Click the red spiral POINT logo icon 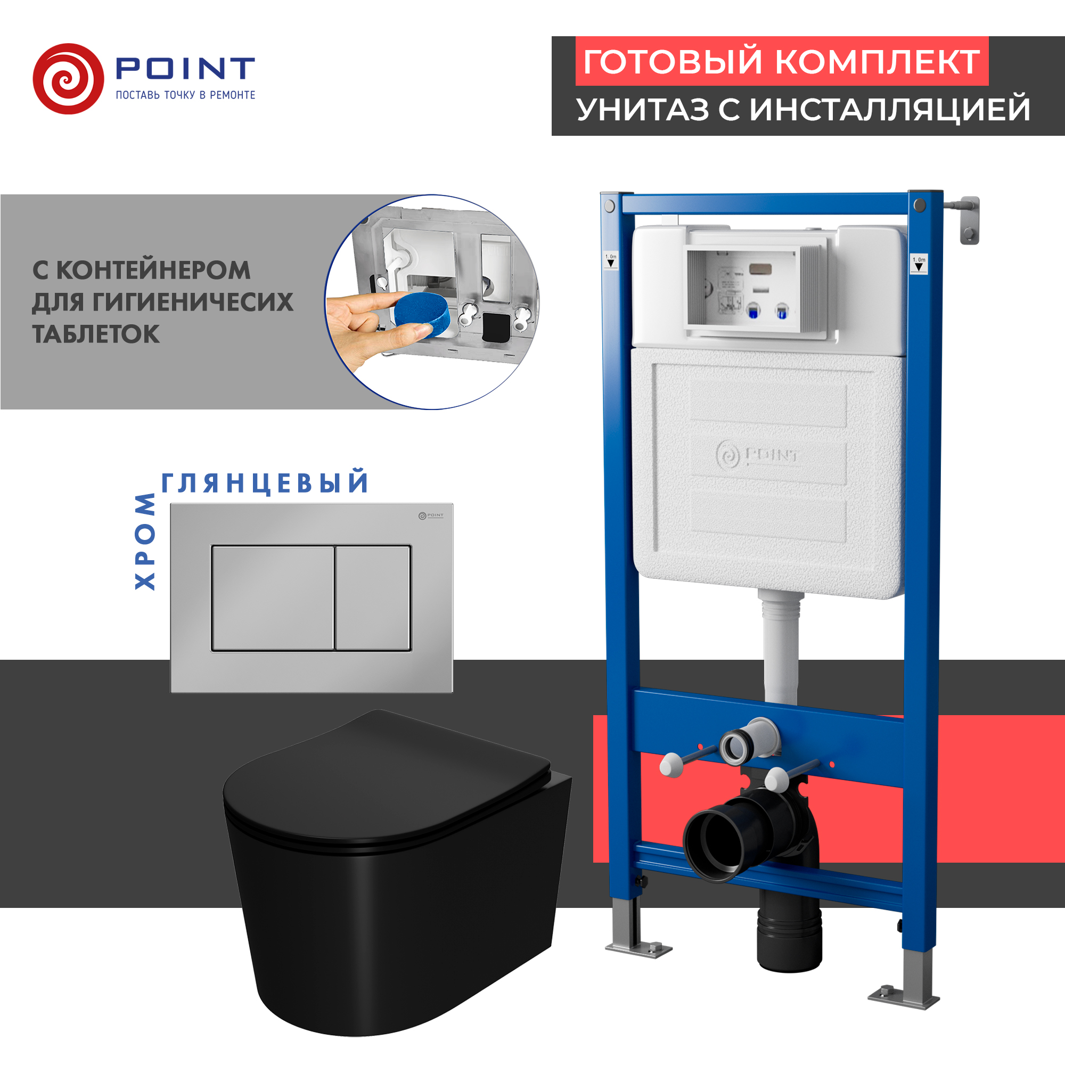click(x=68, y=79)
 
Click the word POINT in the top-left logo click(x=185, y=68)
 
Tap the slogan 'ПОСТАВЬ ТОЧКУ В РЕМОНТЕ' click(x=185, y=95)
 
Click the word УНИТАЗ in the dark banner click(x=643, y=110)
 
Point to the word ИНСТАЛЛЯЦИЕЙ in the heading click(x=890, y=110)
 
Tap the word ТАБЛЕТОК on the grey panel click(x=96, y=334)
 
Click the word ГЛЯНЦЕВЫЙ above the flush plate click(x=265, y=483)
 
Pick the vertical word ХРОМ click(x=145, y=542)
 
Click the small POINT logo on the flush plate click(x=431, y=515)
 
